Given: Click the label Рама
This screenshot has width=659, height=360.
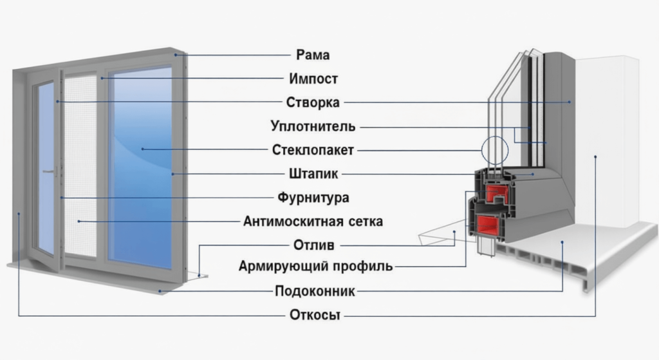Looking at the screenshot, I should (x=313, y=55).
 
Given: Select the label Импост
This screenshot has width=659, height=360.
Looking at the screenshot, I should (x=313, y=79).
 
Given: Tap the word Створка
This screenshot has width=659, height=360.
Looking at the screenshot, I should (x=313, y=102).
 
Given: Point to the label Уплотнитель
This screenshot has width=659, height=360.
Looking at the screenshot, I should (x=313, y=126).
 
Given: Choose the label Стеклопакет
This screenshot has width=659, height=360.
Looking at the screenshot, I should (x=313, y=150).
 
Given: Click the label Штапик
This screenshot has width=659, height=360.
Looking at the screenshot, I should (x=313, y=174).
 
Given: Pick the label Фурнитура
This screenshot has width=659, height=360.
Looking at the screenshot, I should (x=313, y=197).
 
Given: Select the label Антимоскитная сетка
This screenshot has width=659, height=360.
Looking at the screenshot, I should (x=313, y=221).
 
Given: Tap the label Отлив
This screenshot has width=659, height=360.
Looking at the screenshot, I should (x=313, y=245).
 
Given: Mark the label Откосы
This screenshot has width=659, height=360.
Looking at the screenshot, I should (x=313, y=315).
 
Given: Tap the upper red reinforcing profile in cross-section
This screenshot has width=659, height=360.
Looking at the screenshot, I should (x=494, y=193).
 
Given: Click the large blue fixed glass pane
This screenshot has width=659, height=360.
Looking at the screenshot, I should (x=140, y=167).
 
